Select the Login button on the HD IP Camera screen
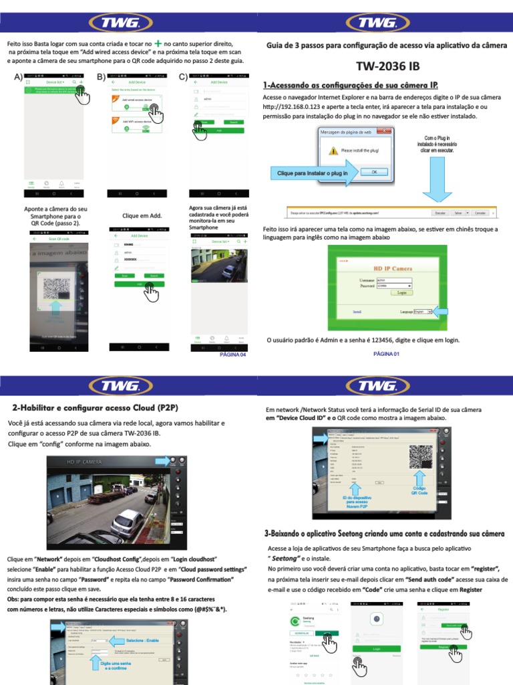pyautogui.click(x=401, y=292)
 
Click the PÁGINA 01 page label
pyautogui.click(x=386, y=353)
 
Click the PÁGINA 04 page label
pyautogui.click(x=233, y=355)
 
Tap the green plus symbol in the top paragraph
pyautogui.click(x=158, y=42)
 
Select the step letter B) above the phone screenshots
pyautogui.click(x=102, y=76)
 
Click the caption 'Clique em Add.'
pyautogui.click(x=142, y=216)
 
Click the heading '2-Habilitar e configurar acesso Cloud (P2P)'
pyautogui.click(x=95, y=407)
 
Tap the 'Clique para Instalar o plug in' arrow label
pyautogui.click(x=313, y=173)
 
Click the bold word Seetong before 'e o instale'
pyautogui.click(x=283, y=557)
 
